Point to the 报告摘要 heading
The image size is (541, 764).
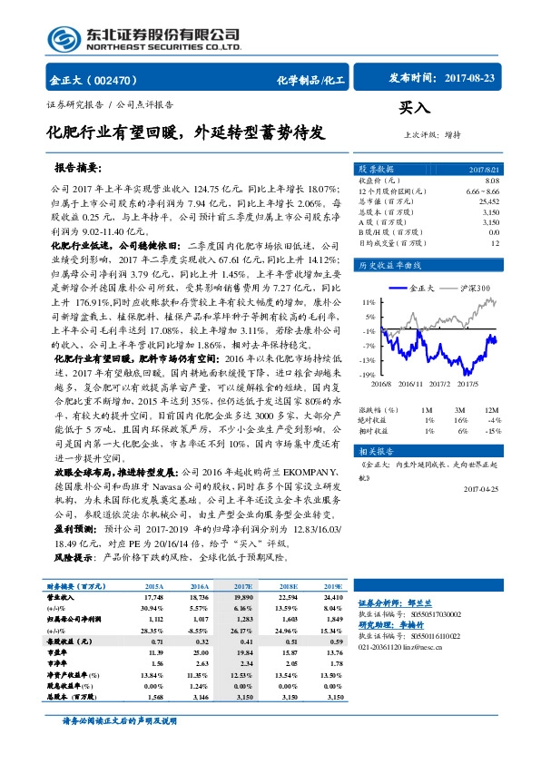pos(77,169)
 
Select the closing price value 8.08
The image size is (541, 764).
pos(493,182)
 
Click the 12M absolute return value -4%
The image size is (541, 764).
pos(495,420)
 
